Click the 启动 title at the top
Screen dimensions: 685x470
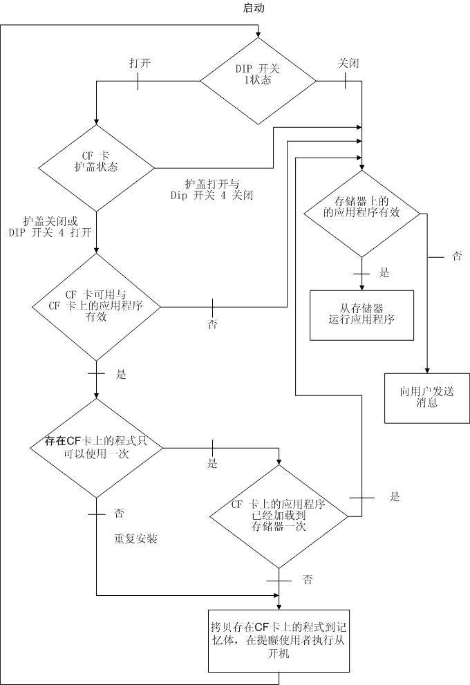pos(253,8)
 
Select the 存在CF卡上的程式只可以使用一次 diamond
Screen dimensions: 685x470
pos(96,448)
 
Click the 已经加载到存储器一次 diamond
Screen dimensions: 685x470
pos(279,516)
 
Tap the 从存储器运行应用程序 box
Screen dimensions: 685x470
pos(361,315)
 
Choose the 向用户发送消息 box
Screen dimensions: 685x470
pos(427,397)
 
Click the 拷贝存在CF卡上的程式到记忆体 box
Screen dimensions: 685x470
pos(279,640)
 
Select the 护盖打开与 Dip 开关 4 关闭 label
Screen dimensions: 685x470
pos(211,189)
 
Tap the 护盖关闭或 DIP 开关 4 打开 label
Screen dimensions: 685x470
pos(50,227)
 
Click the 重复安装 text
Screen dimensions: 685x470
pos(135,538)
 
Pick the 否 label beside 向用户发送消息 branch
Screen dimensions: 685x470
pos(457,256)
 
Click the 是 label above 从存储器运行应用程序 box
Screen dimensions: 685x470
pos(384,272)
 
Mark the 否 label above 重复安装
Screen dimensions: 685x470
pos(119,514)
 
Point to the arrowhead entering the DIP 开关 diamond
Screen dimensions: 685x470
pos(258,35)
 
